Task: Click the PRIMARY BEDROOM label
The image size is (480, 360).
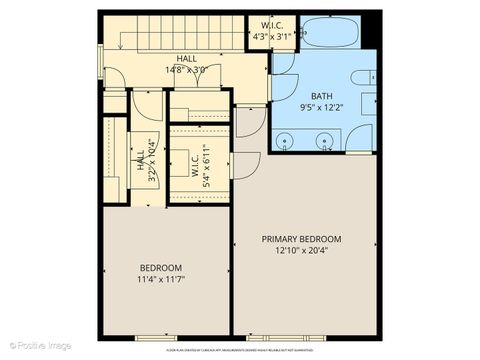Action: coord(301,239)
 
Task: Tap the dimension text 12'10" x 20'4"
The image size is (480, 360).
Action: coord(301,251)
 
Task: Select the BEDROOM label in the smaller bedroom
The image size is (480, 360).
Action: coord(160,267)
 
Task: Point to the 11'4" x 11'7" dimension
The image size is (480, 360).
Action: coord(160,279)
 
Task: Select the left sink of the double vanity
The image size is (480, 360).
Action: coord(287,142)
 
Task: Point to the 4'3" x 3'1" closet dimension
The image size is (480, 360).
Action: coord(273,37)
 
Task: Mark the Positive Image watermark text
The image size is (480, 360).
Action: coord(38,345)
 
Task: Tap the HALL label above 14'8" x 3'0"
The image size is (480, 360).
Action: coord(185,59)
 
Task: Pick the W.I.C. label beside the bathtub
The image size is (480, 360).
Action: coord(273,25)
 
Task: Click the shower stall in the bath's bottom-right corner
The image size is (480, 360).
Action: coord(360,138)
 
